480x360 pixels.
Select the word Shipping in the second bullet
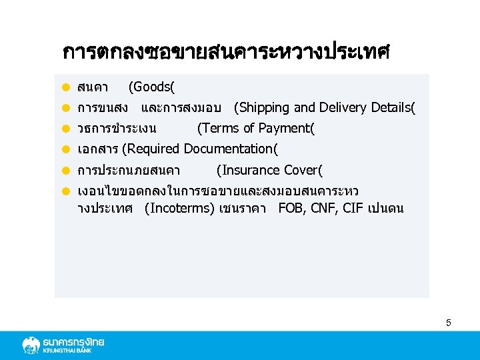coord(264,107)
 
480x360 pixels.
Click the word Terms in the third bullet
coord(219,128)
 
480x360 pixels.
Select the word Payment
coord(284,128)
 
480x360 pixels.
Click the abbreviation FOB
coord(291,208)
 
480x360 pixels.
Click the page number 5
coord(449,323)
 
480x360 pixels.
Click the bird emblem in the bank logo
coord(31,345)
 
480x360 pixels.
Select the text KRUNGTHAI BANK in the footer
coord(73,351)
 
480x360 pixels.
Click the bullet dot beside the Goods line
coord(67,87)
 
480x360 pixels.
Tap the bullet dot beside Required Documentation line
coord(67,149)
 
